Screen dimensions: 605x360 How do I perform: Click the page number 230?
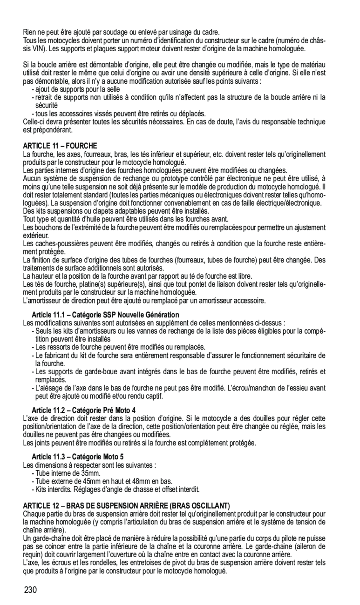[30, 591]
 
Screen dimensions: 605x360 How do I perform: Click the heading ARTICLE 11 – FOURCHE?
[60, 146]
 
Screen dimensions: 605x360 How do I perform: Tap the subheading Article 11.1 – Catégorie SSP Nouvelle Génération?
[105, 315]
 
